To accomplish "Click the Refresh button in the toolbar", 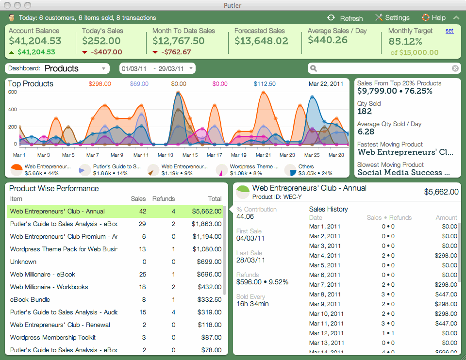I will click(x=345, y=18).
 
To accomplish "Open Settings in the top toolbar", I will click(x=392, y=18).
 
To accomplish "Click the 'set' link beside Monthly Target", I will click(x=449, y=31).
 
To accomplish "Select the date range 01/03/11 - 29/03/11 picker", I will click(x=157, y=68).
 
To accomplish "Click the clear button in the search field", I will click(x=455, y=68).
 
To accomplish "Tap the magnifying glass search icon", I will click(x=314, y=68).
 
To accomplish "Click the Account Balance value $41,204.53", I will click(x=35, y=41).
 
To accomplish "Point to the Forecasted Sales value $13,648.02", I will click(x=261, y=41).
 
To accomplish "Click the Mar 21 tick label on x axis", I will click(x=263, y=155).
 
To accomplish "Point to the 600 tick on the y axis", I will click(x=13, y=92).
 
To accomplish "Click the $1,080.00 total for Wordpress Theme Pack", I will click(x=206, y=249).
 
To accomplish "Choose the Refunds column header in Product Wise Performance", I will click(x=164, y=199).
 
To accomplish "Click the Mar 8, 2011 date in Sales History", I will click(x=325, y=295).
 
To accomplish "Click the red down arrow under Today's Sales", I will click(x=84, y=52).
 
